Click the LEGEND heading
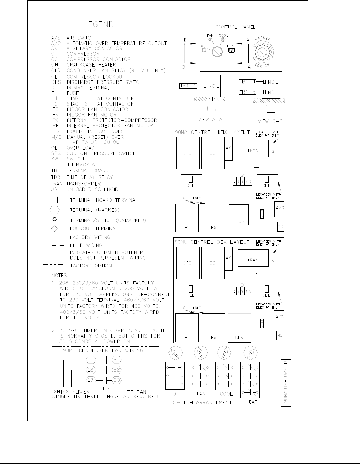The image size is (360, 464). tap(98, 24)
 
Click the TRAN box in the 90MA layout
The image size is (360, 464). tap(253, 150)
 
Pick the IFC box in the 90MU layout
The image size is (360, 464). tap(188, 263)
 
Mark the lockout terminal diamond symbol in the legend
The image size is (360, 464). tap(55, 228)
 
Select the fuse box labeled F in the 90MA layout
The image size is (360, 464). tap(256, 163)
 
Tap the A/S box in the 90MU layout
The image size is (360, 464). tap(279, 318)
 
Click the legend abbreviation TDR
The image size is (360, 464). tap(55, 177)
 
